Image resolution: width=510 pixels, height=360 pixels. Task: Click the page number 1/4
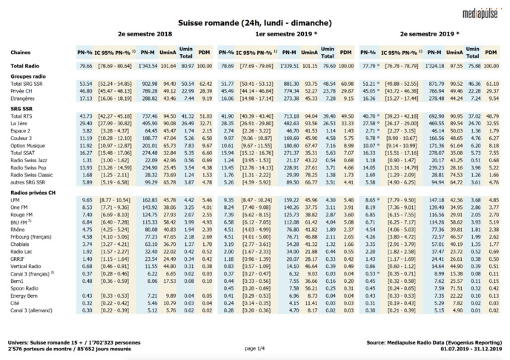(254, 347)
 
